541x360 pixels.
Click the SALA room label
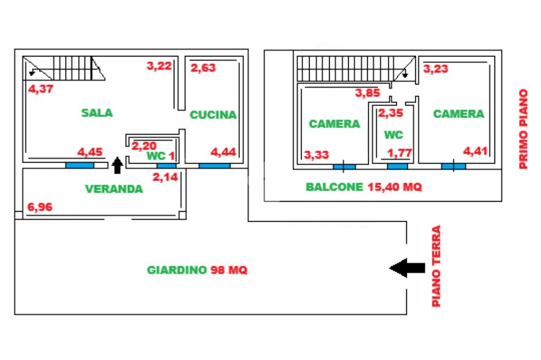(97, 112)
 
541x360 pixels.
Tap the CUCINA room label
(213, 115)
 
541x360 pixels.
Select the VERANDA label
(114, 188)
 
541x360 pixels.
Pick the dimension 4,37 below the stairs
(40, 89)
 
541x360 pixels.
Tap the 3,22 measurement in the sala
(159, 66)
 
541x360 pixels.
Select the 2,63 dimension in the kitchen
(203, 68)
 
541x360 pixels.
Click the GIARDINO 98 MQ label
(197, 270)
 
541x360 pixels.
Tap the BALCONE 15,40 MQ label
(364, 187)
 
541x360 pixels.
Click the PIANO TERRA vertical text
(436, 267)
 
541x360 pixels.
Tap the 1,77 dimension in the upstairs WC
(400, 154)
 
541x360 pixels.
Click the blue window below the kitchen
(214, 166)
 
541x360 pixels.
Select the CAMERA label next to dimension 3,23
(458, 113)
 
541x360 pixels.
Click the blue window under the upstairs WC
(397, 166)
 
